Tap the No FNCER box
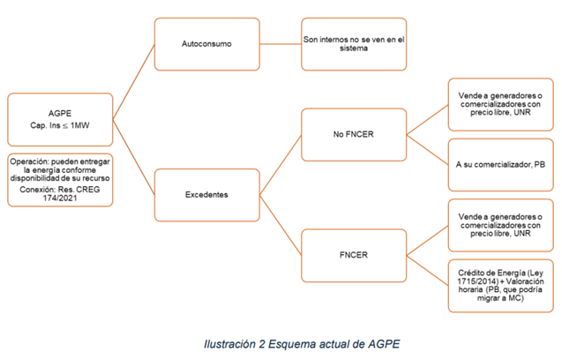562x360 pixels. click(x=353, y=135)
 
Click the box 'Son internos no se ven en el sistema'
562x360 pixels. click(x=353, y=42)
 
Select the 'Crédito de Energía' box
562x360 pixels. click(x=501, y=284)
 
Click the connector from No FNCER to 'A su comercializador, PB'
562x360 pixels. click(x=426, y=148)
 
